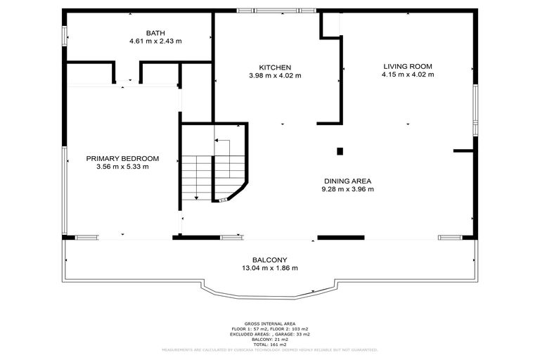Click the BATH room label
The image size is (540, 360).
tap(155, 33)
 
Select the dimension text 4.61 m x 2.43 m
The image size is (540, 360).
tap(155, 41)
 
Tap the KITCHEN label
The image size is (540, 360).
tap(270, 67)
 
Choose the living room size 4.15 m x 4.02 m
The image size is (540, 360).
tap(408, 74)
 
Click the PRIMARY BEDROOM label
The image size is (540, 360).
tap(122, 158)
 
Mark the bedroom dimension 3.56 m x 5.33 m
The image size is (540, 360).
tap(122, 167)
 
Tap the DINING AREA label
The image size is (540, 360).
tap(347, 180)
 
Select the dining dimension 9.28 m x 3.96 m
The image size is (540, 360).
tap(347, 188)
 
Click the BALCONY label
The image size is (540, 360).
tap(270, 259)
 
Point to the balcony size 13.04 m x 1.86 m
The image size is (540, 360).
tap(270, 268)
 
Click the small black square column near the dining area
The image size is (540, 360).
tap(340, 150)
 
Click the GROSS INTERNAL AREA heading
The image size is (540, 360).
tap(270, 323)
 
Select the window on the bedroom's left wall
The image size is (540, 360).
tap(64, 190)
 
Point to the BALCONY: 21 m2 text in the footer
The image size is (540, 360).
tap(270, 338)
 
